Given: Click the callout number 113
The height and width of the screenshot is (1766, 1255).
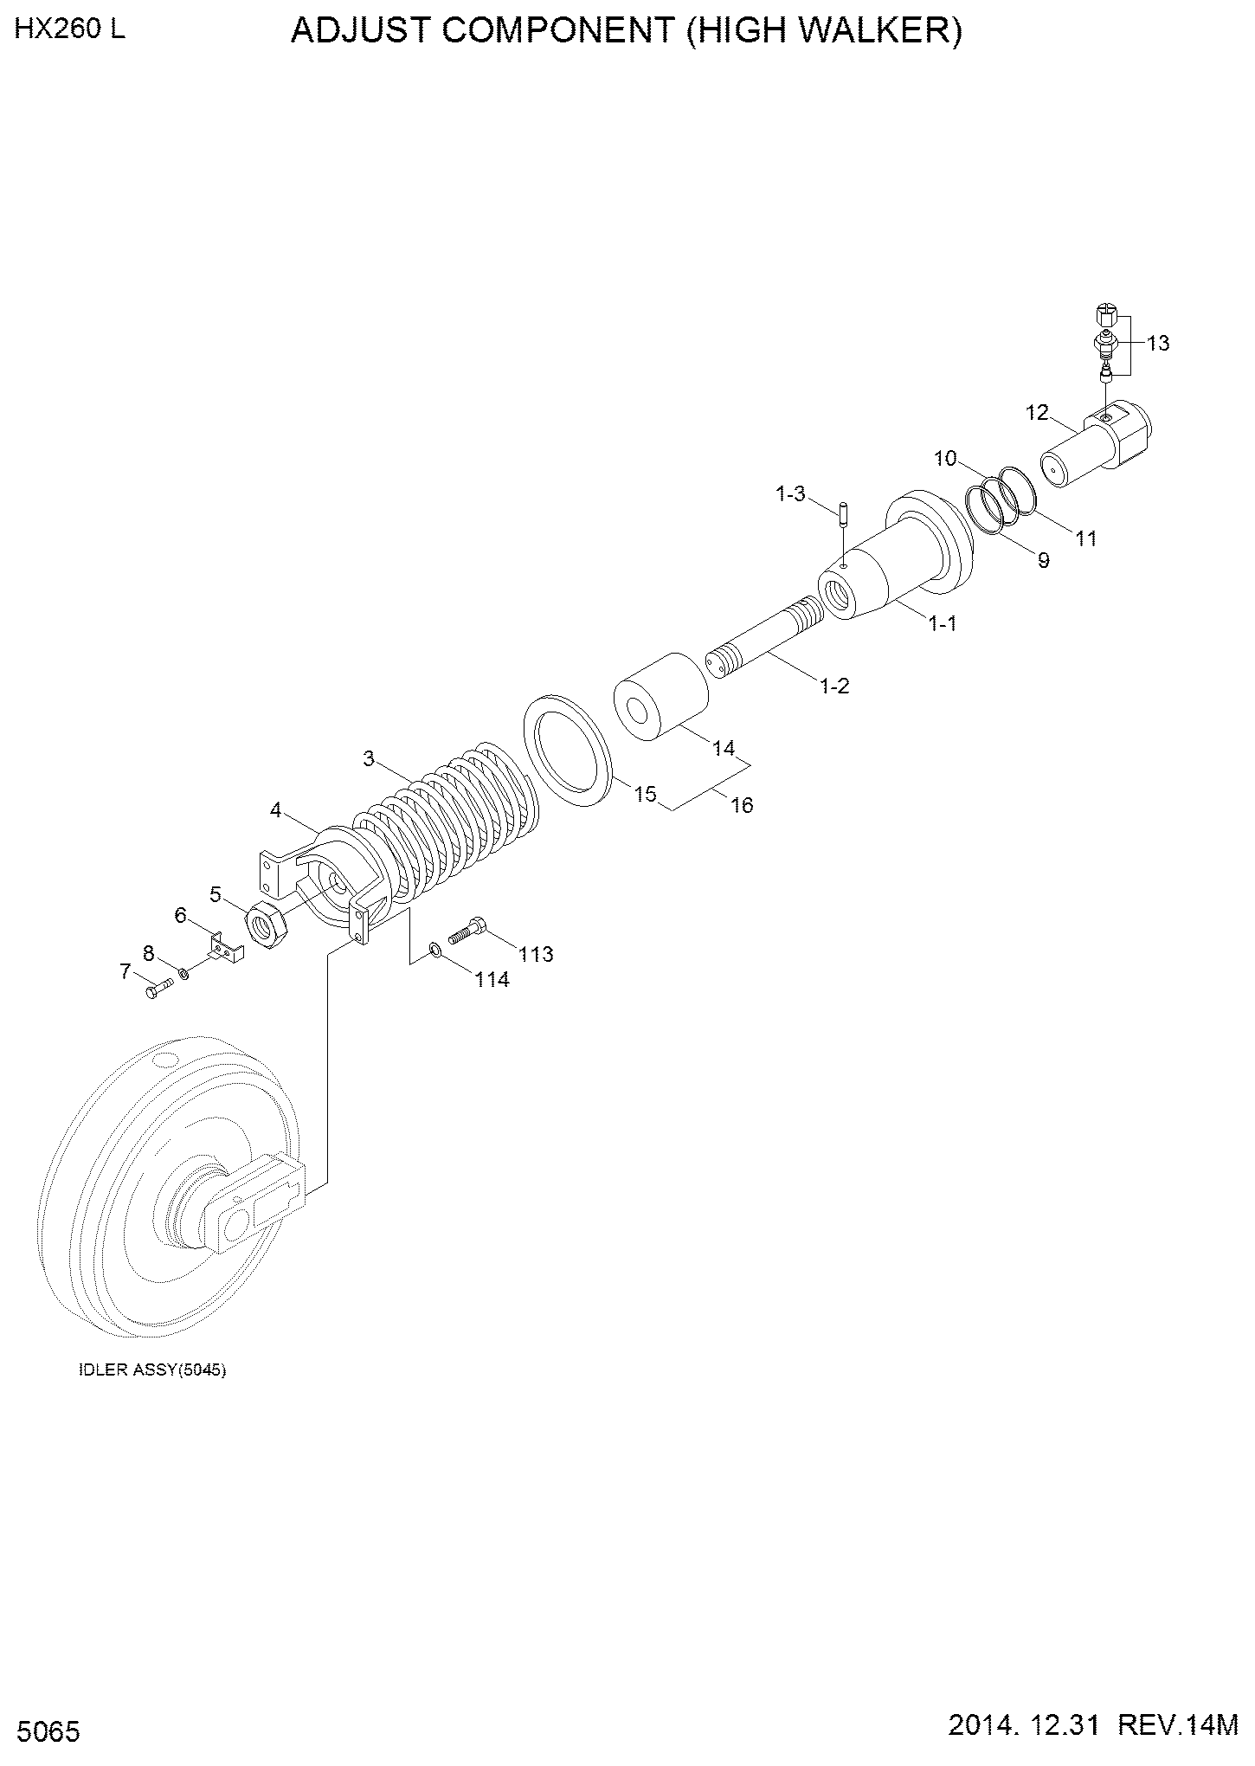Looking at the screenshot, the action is tap(536, 954).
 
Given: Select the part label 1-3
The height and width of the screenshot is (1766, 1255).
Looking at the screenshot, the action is tap(790, 494).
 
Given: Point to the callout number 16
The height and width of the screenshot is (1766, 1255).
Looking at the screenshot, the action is tap(742, 805).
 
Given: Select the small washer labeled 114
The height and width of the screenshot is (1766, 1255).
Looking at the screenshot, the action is tap(435, 952).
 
